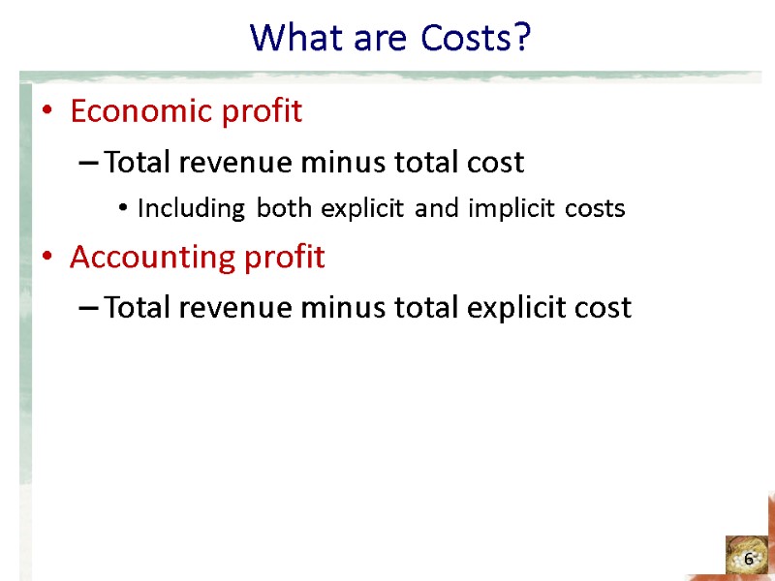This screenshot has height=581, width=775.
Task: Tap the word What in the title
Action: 283,39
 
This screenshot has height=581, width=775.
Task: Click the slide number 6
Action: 749,560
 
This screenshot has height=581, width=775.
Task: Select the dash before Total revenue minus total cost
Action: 87,164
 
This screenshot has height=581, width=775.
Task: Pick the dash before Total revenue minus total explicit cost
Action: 87,309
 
